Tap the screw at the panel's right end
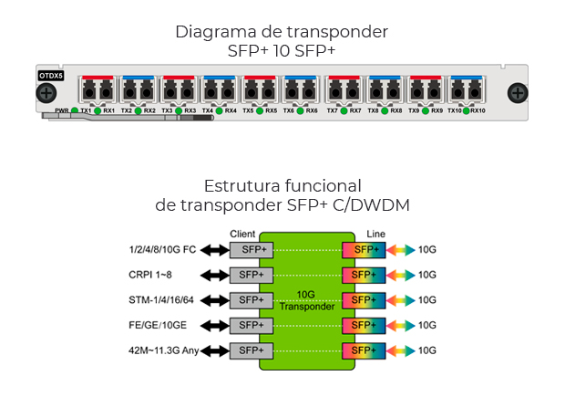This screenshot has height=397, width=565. (517, 93)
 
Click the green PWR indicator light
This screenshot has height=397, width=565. (75, 111)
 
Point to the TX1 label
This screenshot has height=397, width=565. (86, 111)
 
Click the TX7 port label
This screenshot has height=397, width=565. (333, 111)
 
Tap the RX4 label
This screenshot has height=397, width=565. (231, 111)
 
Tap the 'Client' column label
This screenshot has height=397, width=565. (242, 235)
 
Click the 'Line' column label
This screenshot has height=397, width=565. (375, 235)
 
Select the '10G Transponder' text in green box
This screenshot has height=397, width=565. (307, 300)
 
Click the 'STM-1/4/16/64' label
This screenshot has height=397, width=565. (159, 299)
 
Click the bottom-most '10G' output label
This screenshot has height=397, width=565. (427, 350)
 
